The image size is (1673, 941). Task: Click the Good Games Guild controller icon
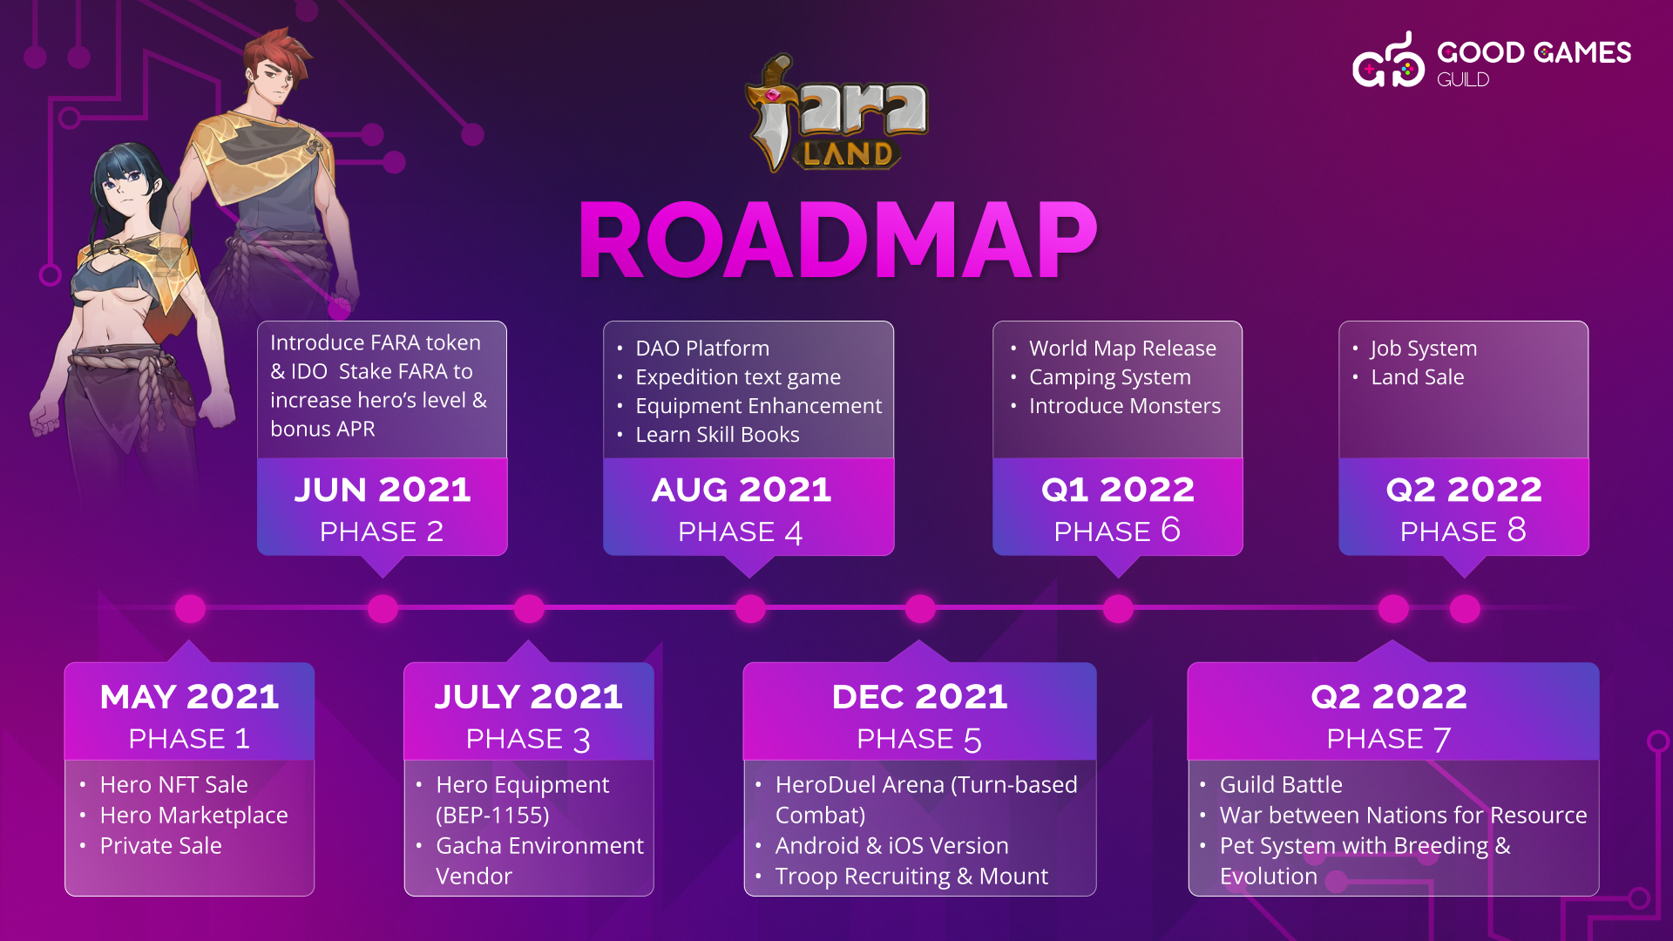(1388, 61)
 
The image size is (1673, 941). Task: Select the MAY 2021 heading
(190, 696)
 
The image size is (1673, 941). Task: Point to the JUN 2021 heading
(383, 489)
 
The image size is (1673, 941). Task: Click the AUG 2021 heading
(742, 489)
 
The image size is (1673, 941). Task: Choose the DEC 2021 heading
(920, 696)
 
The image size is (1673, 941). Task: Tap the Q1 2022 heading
(1118, 489)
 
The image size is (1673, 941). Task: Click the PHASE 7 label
(1389, 739)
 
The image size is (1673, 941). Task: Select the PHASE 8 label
(1463, 531)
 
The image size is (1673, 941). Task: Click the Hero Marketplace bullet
(193, 816)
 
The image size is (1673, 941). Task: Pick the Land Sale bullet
(1417, 377)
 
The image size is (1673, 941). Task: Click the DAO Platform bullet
(702, 349)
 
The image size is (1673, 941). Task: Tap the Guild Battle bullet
(1281, 785)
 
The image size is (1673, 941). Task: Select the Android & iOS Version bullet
(891, 846)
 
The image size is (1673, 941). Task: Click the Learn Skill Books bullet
(717, 435)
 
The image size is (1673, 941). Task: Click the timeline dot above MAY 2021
(190, 609)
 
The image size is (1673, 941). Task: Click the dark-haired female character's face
(125, 189)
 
